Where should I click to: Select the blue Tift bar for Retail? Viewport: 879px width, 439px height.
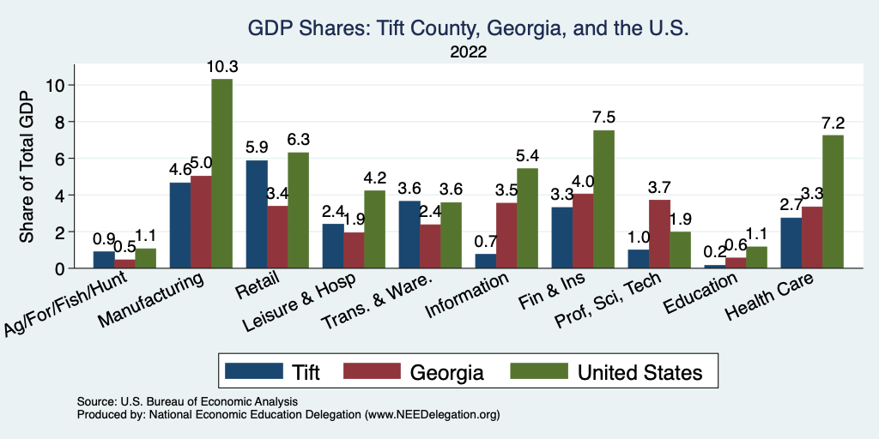click(257, 214)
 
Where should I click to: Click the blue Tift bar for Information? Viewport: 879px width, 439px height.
click(485, 261)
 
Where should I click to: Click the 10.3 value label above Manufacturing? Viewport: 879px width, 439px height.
click(221, 67)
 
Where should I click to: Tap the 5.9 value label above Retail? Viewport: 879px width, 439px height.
click(257, 147)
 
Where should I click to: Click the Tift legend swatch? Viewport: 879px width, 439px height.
click(254, 371)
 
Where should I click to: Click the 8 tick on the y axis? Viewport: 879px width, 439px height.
click(58, 122)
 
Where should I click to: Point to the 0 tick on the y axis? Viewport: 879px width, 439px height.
click(58, 268)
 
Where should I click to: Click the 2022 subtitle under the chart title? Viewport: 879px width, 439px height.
click(469, 51)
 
